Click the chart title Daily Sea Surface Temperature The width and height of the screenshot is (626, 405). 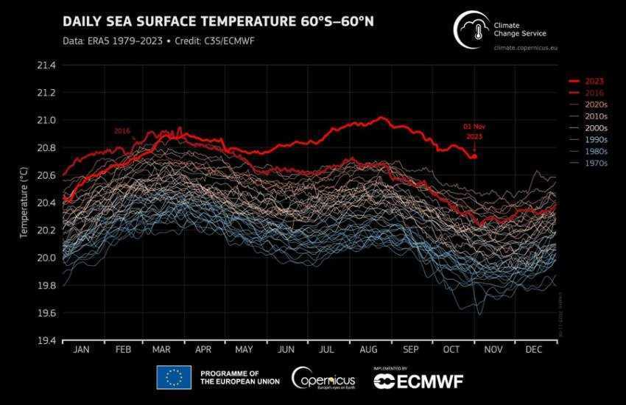[x=218, y=21]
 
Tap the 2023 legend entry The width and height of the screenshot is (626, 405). [x=595, y=81]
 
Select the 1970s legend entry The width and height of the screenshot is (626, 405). [x=595, y=163]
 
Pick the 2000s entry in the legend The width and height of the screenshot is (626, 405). [x=595, y=127]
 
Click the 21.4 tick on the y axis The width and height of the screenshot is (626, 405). [x=46, y=66]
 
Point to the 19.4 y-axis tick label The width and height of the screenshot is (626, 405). [x=46, y=340]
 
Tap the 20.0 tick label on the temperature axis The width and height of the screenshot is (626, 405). [x=46, y=258]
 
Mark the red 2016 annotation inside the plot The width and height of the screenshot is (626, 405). [x=122, y=130]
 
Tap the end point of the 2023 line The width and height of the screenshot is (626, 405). [x=475, y=156]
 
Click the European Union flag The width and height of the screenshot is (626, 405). [x=174, y=378]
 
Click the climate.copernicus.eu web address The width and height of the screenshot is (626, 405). [x=535, y=48]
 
